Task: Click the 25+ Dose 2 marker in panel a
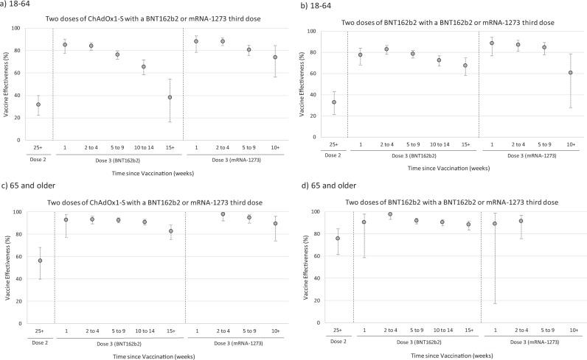[38, 105]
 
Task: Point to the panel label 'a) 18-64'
[19, 7]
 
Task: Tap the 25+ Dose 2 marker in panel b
[334, 102]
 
